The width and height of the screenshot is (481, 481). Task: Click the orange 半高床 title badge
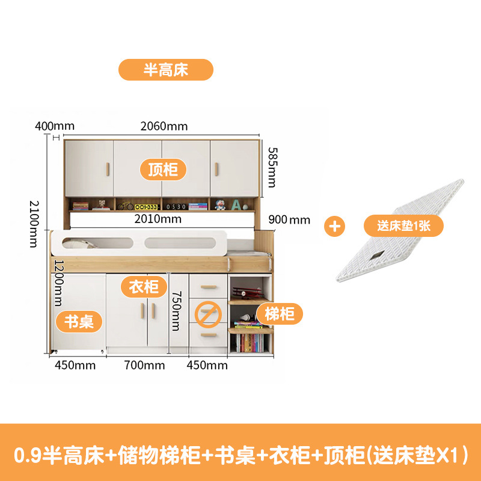[x=165, y=70]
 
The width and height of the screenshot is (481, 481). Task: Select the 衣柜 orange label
[x=144, y=287]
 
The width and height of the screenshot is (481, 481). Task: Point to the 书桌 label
[x=79, y=321]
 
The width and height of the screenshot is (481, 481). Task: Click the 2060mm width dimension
[x=164, y=126]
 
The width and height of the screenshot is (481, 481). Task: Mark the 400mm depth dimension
[x=55, y=126]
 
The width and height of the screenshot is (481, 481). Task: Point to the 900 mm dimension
[x=290, y=220]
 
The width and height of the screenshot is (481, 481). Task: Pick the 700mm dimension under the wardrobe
[x=144, y=365]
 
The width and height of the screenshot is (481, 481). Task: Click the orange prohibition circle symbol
[x=207, y=314]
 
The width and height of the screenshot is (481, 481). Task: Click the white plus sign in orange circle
[x=336, y=227]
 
